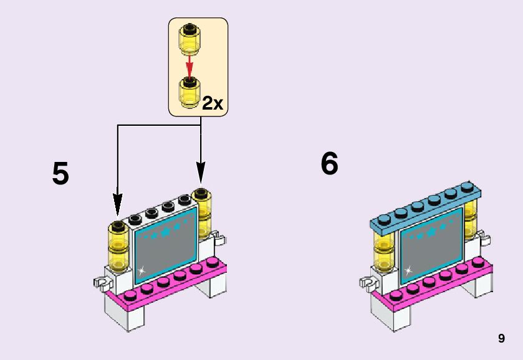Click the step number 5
pyautogui.click(x=60, y=174)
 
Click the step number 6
pyautogui.click(x=329, y=164)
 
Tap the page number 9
pyautogui.click(x=501, y=339)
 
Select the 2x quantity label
pyautogui.click(x=212, y=103)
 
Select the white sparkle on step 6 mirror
pyautogui.click(x=408, y=271)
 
